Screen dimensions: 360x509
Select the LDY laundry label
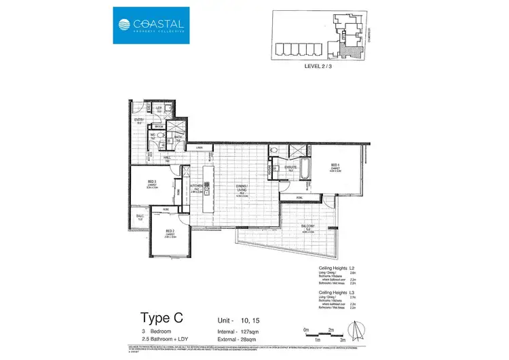coord(159,108)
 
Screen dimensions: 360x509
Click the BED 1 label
coord(335,166)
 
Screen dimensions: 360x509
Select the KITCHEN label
coord(197,185)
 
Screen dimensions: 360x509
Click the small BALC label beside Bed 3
coord(139,217)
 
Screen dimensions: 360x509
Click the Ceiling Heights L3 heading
coord(337,292)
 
